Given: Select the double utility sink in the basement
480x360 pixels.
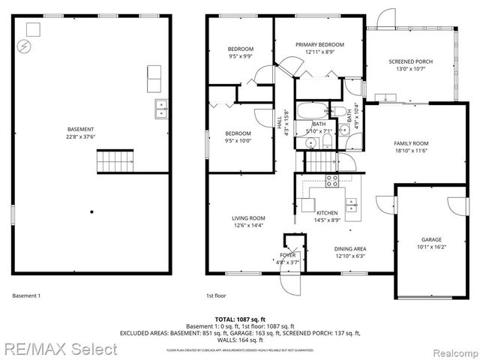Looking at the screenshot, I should [161, 109].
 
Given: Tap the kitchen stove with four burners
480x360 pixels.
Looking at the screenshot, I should [331, 181].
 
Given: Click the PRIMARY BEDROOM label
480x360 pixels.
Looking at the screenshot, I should [319, 45].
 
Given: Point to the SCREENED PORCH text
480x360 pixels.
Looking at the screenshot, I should [409, 61].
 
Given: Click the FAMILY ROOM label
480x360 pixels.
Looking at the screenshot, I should [411, 143].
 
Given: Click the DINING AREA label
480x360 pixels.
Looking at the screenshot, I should [350, 249].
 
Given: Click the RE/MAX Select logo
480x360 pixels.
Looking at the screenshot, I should [59, 349].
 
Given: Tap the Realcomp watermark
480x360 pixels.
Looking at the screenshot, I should [447, 349].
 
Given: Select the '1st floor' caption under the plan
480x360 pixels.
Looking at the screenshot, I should [217, 295].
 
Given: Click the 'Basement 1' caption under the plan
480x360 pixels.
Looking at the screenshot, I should [26, 295].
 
